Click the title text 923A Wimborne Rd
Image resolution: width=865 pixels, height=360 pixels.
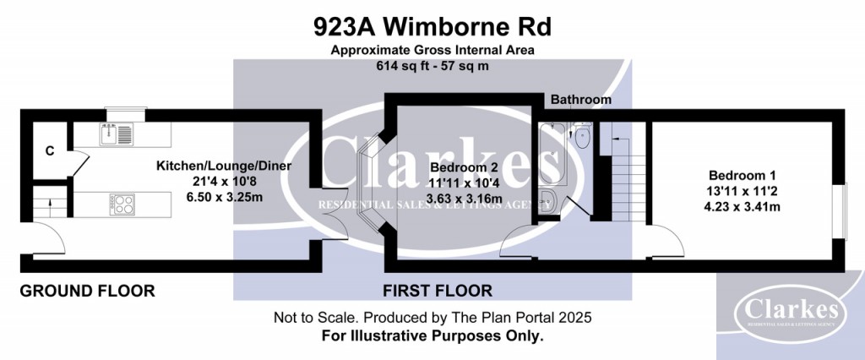coord(432,27)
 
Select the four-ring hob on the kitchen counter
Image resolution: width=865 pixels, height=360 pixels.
coord(122,203)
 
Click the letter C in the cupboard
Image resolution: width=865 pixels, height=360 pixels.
coord(50,152)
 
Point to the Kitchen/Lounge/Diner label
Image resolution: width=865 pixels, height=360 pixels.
coord(224,166)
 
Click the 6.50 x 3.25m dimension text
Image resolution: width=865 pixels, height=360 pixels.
coord(224,196)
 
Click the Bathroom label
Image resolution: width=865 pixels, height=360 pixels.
coord(580,100)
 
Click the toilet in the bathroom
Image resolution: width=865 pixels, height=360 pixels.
coord(581,134)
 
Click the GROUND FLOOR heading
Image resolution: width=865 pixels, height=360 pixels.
coord(87,292)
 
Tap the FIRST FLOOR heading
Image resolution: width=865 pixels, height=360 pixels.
coord(437,292)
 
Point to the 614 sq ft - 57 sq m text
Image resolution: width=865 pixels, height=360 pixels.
coord(432,65)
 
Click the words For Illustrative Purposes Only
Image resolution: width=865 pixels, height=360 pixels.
coord(432,335)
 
